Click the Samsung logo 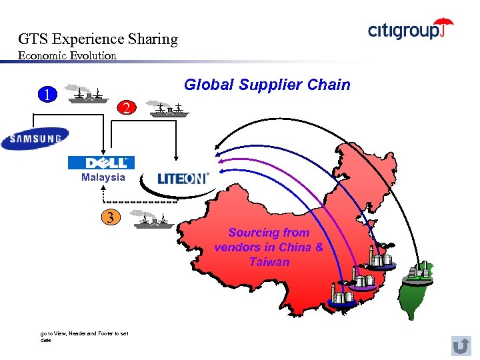click(35, 139)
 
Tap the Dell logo click(101, 163)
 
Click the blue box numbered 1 click(46, 94)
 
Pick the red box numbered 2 click(127, 107)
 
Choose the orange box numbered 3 click(111, 217)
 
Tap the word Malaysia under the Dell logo click(103, 177)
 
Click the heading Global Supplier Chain click(267, 85)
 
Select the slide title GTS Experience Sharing click(98, 39)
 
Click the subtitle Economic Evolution click(67, 55)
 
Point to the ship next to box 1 click(87, 94)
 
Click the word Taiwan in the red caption click(269, 262)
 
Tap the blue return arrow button click(461, 345)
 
